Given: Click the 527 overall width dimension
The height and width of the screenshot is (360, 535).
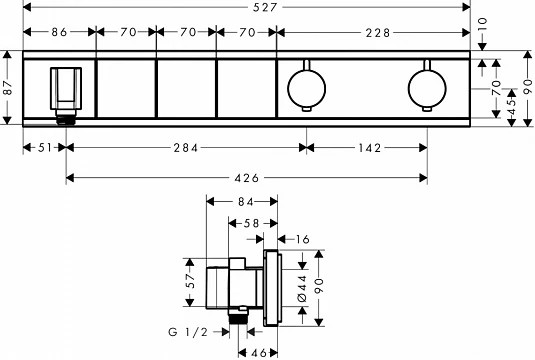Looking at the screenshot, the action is [265, 7].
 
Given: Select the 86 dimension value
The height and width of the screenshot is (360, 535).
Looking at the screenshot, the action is [59, 32].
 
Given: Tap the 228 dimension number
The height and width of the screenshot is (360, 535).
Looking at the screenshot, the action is [377, 33].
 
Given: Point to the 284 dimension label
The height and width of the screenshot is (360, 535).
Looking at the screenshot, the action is [186, 148].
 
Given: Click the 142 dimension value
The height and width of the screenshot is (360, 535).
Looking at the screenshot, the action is [370, 148].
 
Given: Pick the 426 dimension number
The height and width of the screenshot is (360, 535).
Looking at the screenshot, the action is [247, 178].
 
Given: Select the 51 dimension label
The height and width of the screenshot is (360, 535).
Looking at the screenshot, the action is [45, 148].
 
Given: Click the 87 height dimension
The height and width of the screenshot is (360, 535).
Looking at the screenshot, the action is [8, 88].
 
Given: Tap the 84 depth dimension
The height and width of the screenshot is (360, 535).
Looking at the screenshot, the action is [246, 202].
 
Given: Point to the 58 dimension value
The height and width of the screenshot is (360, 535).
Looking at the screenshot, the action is [252, 224].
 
